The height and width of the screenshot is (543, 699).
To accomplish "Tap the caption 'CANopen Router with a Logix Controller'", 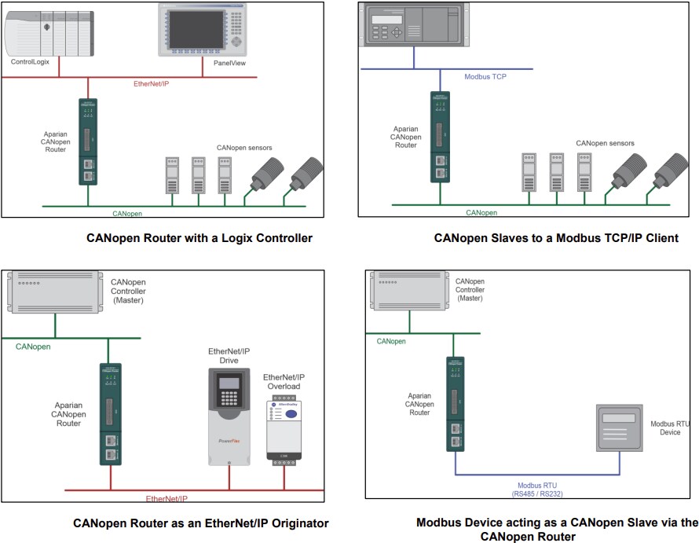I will click(x=199, y=238).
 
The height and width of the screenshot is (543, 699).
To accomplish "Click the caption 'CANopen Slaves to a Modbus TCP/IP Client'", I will click(x=555, y=238).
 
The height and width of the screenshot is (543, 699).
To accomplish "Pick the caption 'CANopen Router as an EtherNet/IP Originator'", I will click(x=201, y=523).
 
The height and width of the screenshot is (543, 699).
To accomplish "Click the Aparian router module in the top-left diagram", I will click(x=87, y=141).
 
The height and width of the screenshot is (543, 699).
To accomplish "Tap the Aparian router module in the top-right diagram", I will click(x=439, y=138).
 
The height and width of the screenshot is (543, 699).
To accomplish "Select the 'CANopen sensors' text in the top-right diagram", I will click(x=605, y=143).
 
